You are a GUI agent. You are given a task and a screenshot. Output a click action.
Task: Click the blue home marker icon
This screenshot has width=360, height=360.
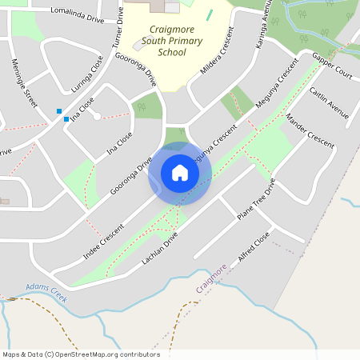180,173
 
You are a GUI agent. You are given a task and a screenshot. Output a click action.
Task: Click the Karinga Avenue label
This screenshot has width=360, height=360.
260,26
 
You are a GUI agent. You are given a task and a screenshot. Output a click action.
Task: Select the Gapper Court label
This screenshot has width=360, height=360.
333,67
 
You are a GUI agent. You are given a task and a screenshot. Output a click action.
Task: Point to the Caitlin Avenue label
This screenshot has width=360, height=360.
329,102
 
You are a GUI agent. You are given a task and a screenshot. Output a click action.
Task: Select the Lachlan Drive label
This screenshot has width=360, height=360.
159,250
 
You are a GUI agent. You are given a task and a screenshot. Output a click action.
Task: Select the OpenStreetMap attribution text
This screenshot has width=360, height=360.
81,354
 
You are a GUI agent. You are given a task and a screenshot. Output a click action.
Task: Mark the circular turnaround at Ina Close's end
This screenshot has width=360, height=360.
97,116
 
